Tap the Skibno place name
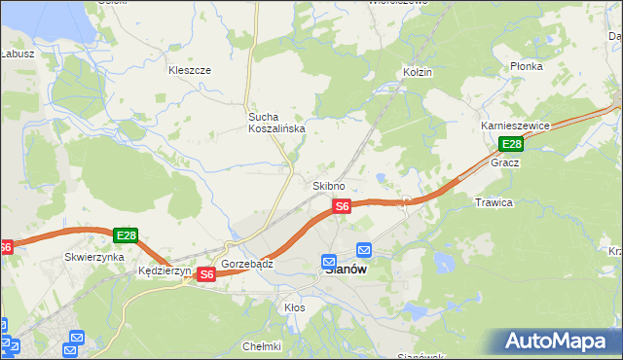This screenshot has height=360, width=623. tap(328, 186)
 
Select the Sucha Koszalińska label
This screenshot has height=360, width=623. tap(275, 122)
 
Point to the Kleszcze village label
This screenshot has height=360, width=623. tap(190, 71)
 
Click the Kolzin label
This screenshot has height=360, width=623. tap(417, 73)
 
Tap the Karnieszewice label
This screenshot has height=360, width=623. tap(516, 126)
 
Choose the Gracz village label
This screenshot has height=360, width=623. tap(504, 162)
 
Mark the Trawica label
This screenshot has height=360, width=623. tap(493, 202)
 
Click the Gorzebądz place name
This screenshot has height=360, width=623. tap(247, 264)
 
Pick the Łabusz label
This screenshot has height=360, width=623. tap(18, 54)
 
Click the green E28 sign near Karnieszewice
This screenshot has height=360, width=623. tap(512, 145)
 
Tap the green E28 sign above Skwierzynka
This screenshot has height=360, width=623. tap(126, 235)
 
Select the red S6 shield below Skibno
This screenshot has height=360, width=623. tap(342, 206)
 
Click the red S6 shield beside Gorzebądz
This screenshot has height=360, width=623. tap(205, 275)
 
